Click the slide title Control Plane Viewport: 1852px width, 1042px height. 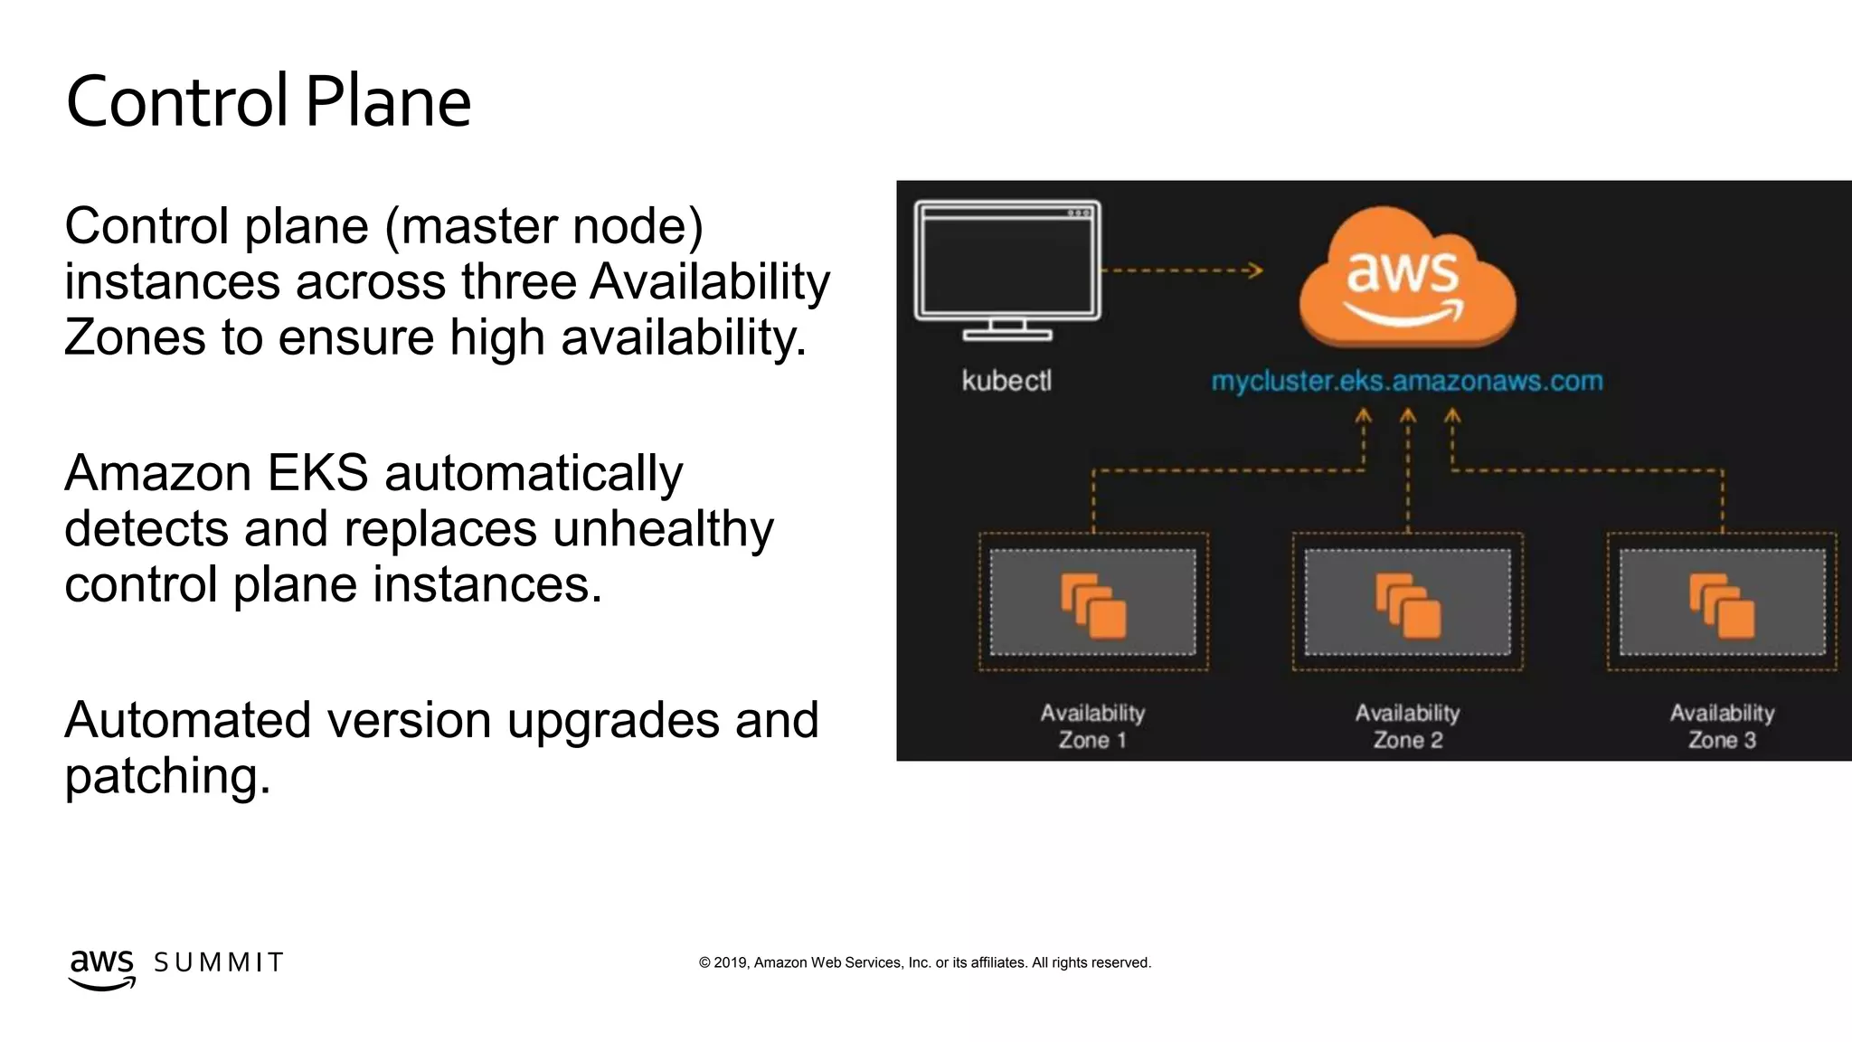coord(269,101)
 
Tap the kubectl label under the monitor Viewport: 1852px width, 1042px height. coord(1006,381)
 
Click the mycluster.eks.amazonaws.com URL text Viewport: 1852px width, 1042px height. coord(1406,381)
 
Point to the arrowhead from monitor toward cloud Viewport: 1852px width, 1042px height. coord(1255,270)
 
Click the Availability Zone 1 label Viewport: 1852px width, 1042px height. coord(1092,726)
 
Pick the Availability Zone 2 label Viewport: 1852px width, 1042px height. coord(1407,726)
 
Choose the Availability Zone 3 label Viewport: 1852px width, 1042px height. coord(1722,726)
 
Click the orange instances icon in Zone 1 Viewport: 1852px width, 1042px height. coord(1093,605)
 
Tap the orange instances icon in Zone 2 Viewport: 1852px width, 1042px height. coord(1408,605)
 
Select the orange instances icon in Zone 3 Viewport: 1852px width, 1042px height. coord(1722,605)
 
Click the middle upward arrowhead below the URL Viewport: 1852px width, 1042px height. coord(1408,415)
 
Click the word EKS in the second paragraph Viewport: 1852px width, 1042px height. coord(317,472)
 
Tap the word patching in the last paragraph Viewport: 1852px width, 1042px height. coord(167,776)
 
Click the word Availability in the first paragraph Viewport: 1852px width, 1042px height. coord(710,281)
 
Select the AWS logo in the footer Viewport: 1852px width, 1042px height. coord(101,969)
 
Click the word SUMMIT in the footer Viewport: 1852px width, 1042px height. coord(219,962)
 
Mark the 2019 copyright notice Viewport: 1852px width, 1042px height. coord(924,962)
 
